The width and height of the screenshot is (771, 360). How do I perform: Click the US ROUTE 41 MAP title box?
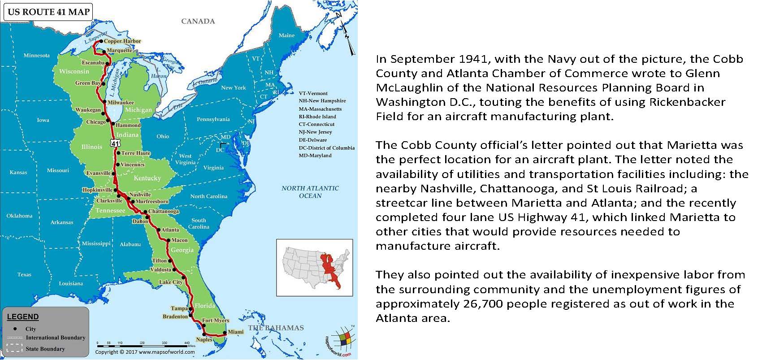(x=49, y=12)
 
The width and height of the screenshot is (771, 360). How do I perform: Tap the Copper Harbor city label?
(x=122, y=41)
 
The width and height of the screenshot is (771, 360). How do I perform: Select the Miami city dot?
(x=225, y=333)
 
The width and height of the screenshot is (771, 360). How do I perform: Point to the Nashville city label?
(x=140, y=195)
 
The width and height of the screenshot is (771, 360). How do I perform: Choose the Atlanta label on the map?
(x=170, y=230)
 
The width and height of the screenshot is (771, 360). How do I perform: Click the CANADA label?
(x=198, y=21)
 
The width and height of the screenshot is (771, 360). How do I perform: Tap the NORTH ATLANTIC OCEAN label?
(x=310, y=192)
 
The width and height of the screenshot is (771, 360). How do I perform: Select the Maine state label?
(x=286, y=35)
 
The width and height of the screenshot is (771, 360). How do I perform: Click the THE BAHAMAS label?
(x=276, y=328)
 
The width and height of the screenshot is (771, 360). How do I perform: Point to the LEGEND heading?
(x=23, y=317)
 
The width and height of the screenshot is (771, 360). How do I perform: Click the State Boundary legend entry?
(x=45, y=349)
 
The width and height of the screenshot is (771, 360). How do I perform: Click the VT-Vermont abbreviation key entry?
(x=313, y=93)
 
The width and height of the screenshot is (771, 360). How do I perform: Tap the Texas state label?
(x=24, y=274)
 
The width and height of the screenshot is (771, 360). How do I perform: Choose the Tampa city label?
(x=179, y=308)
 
